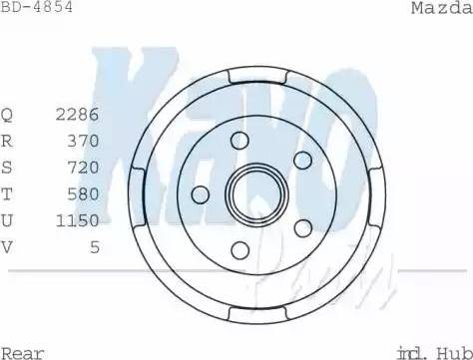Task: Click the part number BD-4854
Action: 37,8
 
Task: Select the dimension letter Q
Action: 7,115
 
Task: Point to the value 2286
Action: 78,115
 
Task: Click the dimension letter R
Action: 7,141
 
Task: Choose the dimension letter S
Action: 7,167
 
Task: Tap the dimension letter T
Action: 7,192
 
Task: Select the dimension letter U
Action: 7,218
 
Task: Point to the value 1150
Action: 78,218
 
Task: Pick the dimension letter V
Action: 7,244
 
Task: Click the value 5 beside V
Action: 95,244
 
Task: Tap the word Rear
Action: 22,351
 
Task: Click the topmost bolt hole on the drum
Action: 240,141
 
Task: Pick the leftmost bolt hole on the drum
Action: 201,194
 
